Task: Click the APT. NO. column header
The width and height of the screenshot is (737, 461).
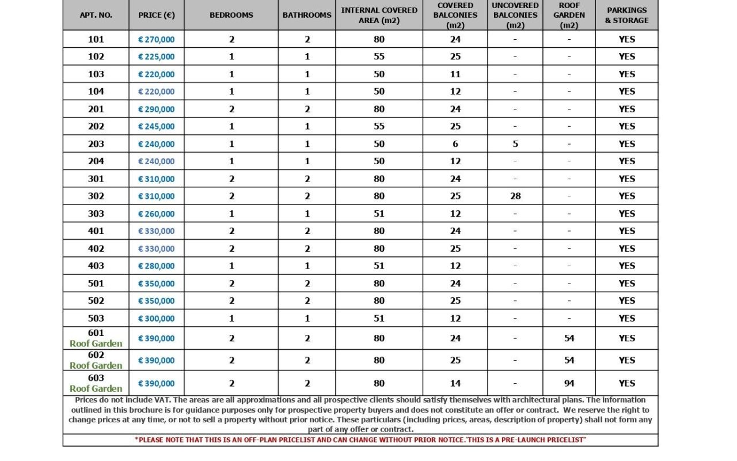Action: coord(96,15)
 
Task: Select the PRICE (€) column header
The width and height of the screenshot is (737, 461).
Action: coord(157,15)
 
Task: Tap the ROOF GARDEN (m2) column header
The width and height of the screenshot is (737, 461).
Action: coord(569,15)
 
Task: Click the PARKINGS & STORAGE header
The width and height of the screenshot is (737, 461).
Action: coord(626,15)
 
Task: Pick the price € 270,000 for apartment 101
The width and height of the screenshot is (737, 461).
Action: coord(157,39)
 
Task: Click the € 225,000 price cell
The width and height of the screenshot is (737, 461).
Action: coord(157,56)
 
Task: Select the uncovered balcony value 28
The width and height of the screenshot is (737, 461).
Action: coord(515,196)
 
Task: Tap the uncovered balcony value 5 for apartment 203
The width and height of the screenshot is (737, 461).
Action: coord(515,144)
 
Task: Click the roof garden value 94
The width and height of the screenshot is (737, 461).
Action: coord(569,383)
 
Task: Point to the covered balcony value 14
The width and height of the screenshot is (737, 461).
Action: coord(455,383)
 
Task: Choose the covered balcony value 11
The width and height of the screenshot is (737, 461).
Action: coord(455,74)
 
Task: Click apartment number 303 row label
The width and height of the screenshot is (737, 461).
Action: coord(96,213)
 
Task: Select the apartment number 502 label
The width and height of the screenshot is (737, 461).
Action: coord(96,300)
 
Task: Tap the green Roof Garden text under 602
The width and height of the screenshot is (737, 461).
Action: coord(96,365)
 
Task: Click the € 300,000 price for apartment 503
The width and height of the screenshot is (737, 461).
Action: coord(157,318)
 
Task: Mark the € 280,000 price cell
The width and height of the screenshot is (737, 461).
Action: coord(157,266)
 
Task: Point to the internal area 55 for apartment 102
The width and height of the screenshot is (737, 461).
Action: coord(379,56)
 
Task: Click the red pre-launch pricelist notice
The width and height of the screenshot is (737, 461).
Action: coord(360,440)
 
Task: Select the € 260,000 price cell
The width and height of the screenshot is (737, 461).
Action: coord(157,214)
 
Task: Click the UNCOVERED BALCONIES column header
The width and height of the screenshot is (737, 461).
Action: coord(515,15)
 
